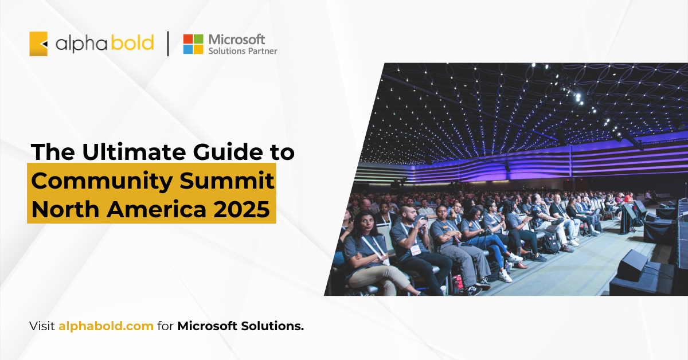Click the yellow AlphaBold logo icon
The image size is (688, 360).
point(38,44)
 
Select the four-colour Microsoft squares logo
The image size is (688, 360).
point(193,44)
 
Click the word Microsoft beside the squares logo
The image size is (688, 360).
point(237,39)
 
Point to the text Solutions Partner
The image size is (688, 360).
point(243,51)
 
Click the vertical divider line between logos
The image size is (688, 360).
point(168,44)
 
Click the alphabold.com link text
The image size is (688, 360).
point(106,326)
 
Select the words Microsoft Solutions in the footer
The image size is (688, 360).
point(240,326)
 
